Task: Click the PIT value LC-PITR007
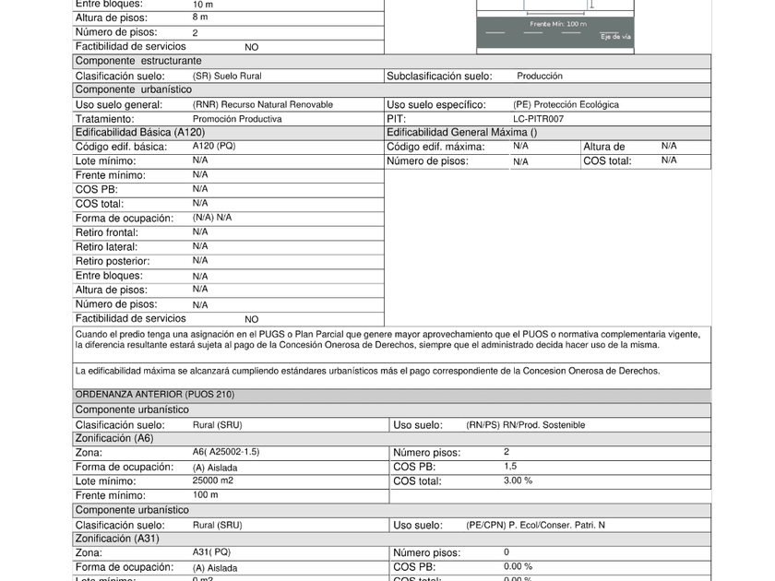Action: [x=538, y=119]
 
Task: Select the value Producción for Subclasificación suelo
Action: [x=540, y=76]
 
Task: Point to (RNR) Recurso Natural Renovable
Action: [x=263, y=105]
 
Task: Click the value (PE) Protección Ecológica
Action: [x=566, y=105]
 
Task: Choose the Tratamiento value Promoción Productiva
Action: [x=237, y=119]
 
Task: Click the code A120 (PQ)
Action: [x=214, y=146]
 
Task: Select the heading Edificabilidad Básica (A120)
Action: [x=139, y=133]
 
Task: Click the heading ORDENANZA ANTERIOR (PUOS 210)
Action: [x=155, y=395]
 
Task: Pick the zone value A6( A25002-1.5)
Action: [x=226, y=452]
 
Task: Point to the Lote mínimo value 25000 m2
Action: [x=213, y=480]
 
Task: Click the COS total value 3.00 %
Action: [x=518, y=480]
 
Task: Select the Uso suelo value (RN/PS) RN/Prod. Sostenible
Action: [x=526, y=425]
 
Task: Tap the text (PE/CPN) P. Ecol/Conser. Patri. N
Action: [x=536, y=525]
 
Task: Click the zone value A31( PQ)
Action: [x=212, y=552]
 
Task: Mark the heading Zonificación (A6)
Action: [x=114, y=438]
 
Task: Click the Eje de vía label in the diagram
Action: [x=615, y=37]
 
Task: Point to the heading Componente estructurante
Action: [x=138, y=61]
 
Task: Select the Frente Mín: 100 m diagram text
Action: [x=557, y=24]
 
